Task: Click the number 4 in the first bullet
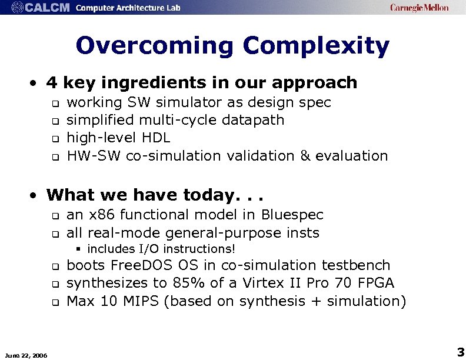53,82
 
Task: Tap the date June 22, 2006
26,354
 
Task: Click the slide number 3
460,352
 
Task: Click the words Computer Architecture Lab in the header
128,8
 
